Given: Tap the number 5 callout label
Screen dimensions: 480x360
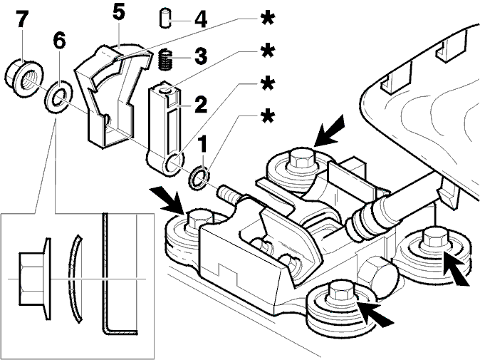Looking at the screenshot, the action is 118,13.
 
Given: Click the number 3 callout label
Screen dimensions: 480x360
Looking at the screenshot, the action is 201,56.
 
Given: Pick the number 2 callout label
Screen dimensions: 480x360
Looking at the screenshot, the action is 201,104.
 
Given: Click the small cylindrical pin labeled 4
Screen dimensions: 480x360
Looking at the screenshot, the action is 166,19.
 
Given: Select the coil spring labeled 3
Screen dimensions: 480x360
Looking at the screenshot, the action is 166,61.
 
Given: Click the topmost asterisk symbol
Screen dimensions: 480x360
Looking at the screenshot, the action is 268,19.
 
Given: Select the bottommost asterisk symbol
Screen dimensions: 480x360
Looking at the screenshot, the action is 268,117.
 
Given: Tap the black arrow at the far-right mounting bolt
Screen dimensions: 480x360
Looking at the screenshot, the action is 456,270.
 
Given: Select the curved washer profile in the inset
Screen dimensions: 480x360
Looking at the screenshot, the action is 75,279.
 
